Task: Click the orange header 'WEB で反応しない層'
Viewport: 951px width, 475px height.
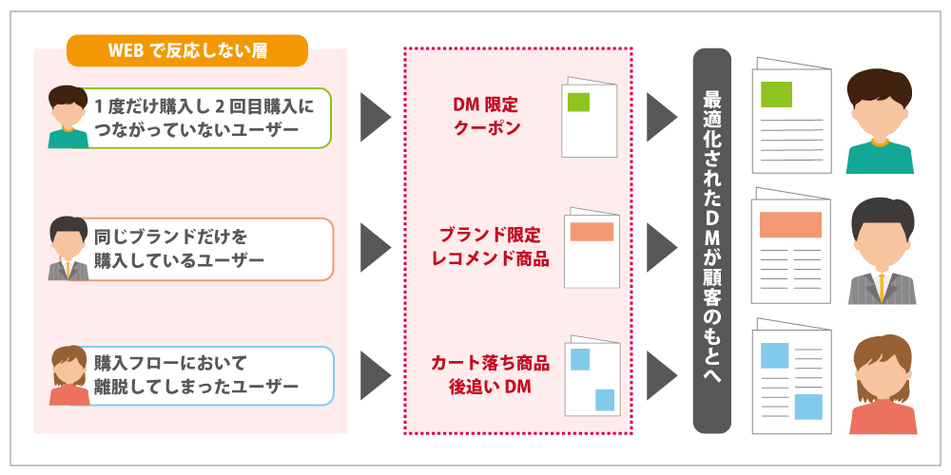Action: [187, 50]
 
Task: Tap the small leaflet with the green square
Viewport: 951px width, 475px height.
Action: [589, 116]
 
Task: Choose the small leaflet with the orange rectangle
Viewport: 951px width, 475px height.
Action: [592, 247]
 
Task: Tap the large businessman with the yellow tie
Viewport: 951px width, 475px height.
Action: [881, 251]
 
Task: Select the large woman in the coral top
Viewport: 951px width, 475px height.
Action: [881, 384]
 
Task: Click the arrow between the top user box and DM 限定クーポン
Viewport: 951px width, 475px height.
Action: [376, 117]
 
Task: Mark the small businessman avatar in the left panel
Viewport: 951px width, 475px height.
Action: [68, 249]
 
